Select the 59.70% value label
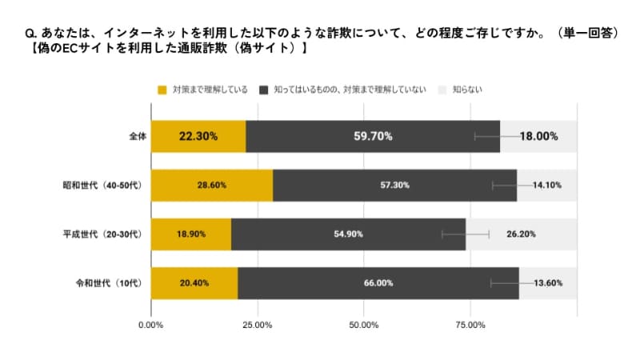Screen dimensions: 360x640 tap(373, 136)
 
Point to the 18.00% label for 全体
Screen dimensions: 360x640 tap(538, 136)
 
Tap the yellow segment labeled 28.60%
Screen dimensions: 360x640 tap(212, 185)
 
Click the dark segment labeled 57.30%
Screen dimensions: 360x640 tap(394, 185)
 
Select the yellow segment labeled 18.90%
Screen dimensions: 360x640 tap(191, 234)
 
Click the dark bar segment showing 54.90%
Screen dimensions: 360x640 tap(348, 234)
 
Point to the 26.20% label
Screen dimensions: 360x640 tap(520, 234)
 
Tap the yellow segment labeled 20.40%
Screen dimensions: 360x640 tap(194, 283)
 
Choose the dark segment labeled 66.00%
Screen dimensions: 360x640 tap(378, 283)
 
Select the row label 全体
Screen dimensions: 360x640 tap(137, 136)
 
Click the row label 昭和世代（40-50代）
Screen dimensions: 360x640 tap(102, 185)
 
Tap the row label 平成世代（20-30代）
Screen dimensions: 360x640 tap(102, 234)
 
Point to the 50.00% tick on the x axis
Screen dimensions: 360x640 tap(363, 325)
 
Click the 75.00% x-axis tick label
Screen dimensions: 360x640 tap(470, 325)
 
